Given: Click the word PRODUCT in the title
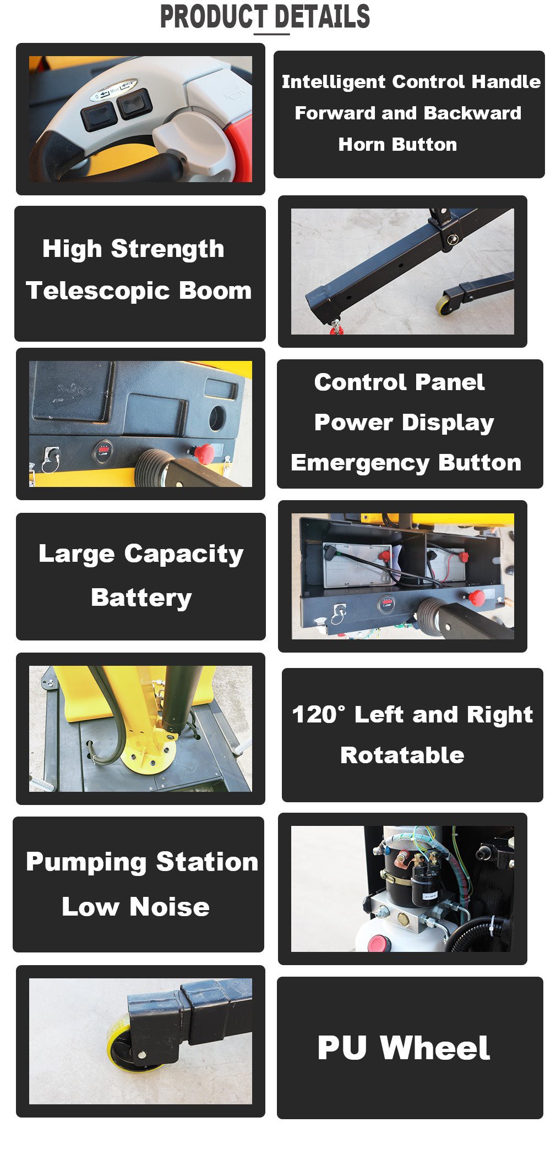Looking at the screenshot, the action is coord(213,17).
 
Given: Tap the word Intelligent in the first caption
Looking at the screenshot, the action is coord(333,82).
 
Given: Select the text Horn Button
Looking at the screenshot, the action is coord(397,145).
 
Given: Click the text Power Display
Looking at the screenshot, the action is coord(404,423).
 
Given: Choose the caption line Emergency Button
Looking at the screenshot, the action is coord(406,463).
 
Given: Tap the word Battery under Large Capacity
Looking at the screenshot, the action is coord(141,598).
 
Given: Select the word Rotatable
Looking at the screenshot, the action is coord(402,755).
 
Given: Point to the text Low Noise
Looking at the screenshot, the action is coord(135,906).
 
